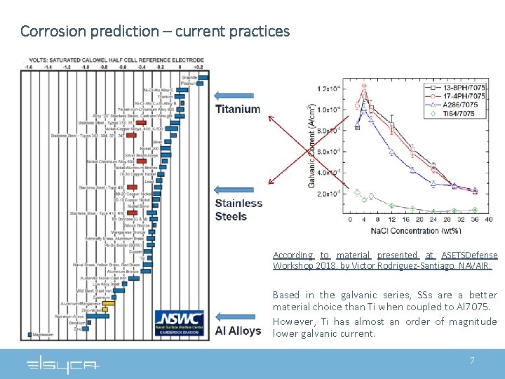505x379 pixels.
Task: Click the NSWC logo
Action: pyautogui.click(x=180, y=322)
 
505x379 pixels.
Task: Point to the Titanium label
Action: pyautogui.click(x=237, y=109)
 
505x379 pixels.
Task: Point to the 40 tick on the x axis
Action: pyautogui.click(x=488, y=220)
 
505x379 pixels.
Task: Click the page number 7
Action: pyautogui.click(x=472, y=360)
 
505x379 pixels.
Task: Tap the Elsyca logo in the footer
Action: pyautogui.click(x=63, y=364)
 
